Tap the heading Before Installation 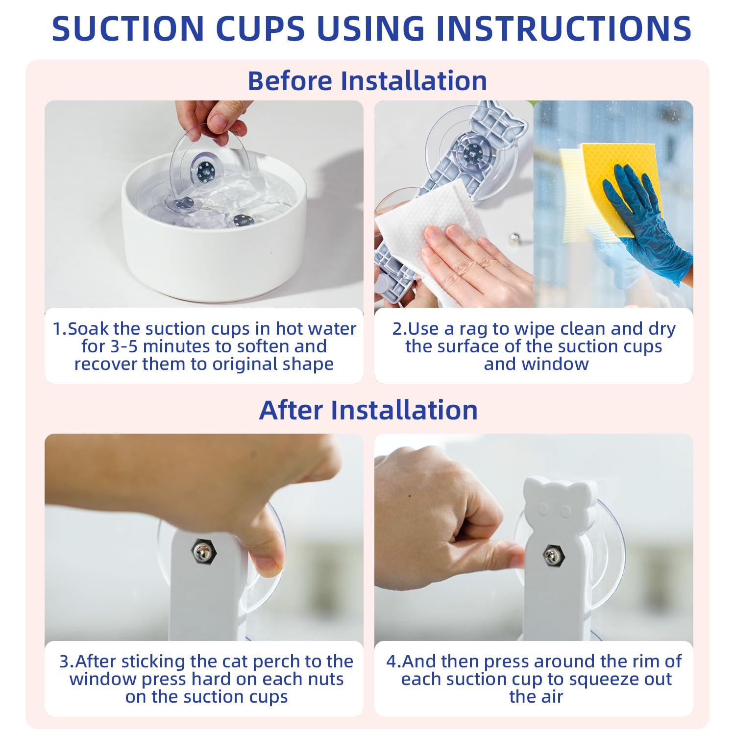[x=367, y=80]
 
